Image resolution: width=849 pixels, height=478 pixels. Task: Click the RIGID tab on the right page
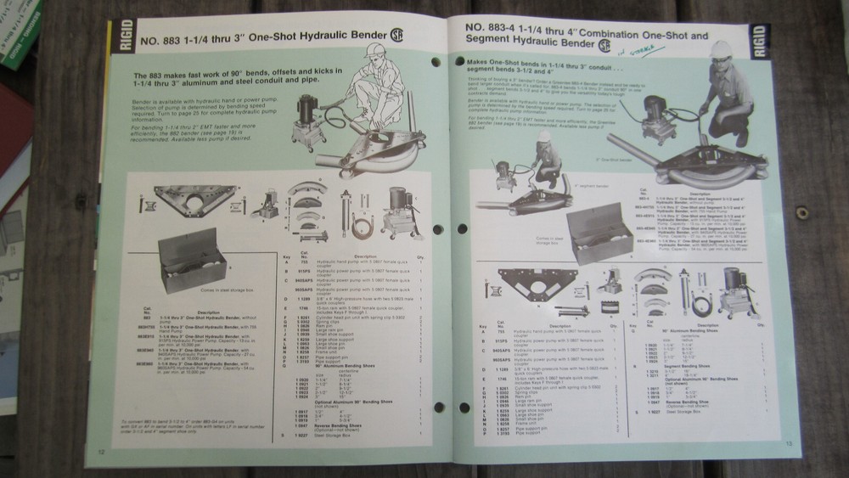[x=758, y=42]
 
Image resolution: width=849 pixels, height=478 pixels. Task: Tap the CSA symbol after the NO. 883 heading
[x=396, y=37]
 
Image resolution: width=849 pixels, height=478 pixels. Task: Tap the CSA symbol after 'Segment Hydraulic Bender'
[x=604, y=45]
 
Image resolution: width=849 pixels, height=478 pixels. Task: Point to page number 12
[x=102, y=450]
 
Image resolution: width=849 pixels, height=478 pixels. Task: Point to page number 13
[x=788, y=442]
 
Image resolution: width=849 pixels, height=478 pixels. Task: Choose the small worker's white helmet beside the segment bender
[x=544, y=138]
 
